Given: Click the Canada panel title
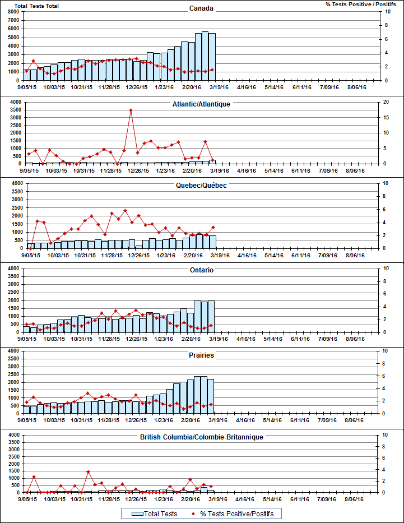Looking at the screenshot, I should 201,8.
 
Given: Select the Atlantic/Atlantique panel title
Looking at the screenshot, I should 201,104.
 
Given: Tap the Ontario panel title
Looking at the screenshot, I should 201,270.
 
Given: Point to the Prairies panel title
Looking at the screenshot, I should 201,355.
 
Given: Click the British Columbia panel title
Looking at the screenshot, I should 201,437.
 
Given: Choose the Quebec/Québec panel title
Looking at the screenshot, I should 201,185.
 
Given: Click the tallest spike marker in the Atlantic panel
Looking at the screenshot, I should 131,110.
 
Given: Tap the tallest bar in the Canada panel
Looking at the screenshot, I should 205,56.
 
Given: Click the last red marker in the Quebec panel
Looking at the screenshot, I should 213,228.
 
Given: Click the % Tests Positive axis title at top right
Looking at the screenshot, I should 357,4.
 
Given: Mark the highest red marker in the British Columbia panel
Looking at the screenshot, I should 89,472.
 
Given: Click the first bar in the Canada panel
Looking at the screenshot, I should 26,75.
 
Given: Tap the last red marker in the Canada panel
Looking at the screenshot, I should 212,70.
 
